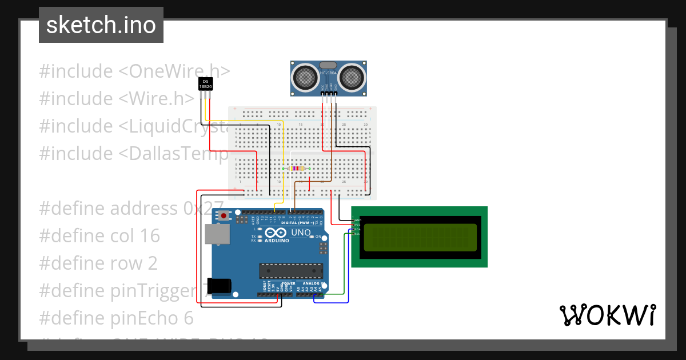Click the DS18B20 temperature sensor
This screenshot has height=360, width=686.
(x=205, y=84)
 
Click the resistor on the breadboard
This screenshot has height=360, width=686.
(x=296, y=169)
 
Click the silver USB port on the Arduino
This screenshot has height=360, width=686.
(x=217, y=234)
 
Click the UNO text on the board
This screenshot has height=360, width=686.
(x=300, y=233)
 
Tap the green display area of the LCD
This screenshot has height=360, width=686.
(x=420, y=237)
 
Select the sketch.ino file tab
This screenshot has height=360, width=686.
(x=101, y=25)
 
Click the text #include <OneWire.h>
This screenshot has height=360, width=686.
(x=134, y=71)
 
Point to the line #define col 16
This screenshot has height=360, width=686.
(x=99, y=236)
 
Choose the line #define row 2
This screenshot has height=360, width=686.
(x=98, y=263)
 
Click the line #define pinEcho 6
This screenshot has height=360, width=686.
(x=116, y=318)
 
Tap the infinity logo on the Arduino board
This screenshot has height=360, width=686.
(x=275, y=233)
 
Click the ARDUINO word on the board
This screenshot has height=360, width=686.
(x=276, y=241)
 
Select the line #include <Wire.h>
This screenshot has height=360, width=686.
(x=117, y=99)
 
